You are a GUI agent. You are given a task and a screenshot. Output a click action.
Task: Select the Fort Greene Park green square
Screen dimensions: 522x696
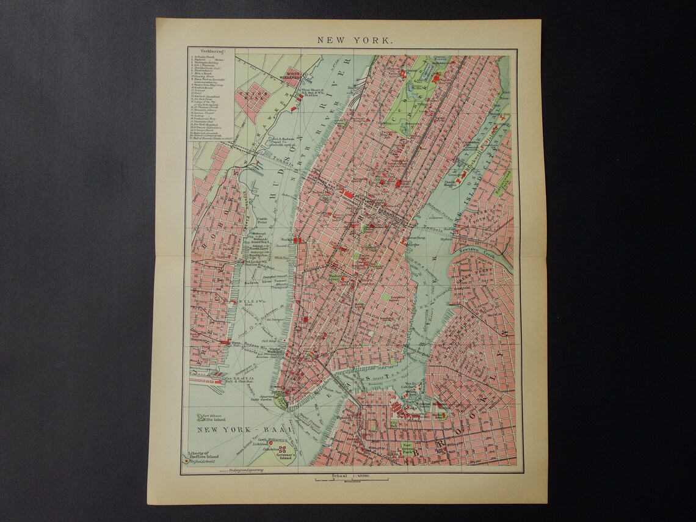tap(408, 449)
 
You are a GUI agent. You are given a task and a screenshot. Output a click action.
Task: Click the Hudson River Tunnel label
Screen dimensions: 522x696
tap(256, 282)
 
